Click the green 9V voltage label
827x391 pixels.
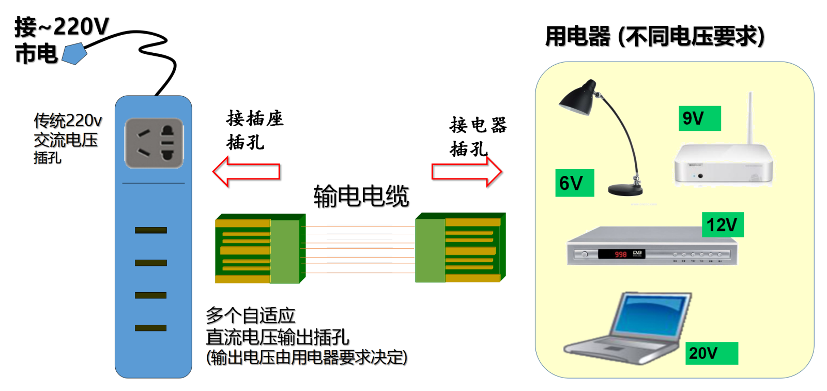coord(699,118)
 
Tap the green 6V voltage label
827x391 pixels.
coord(574,183)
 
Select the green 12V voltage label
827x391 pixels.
coord(722,225)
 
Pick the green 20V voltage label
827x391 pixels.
coord(711,353)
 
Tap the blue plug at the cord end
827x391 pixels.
coord(74,54)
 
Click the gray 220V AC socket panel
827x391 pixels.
coord(154,143)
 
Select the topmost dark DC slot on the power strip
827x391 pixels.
coord(150,230)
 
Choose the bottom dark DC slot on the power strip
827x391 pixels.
coord(150,327)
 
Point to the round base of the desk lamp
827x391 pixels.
coord(625,189)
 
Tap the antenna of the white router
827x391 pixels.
coord(749,118)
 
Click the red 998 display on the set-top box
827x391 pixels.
coord(620,254)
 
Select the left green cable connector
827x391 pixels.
coord(259,249)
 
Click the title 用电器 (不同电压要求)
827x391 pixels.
coord(654,37)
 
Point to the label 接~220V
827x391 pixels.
coord(62,27)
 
